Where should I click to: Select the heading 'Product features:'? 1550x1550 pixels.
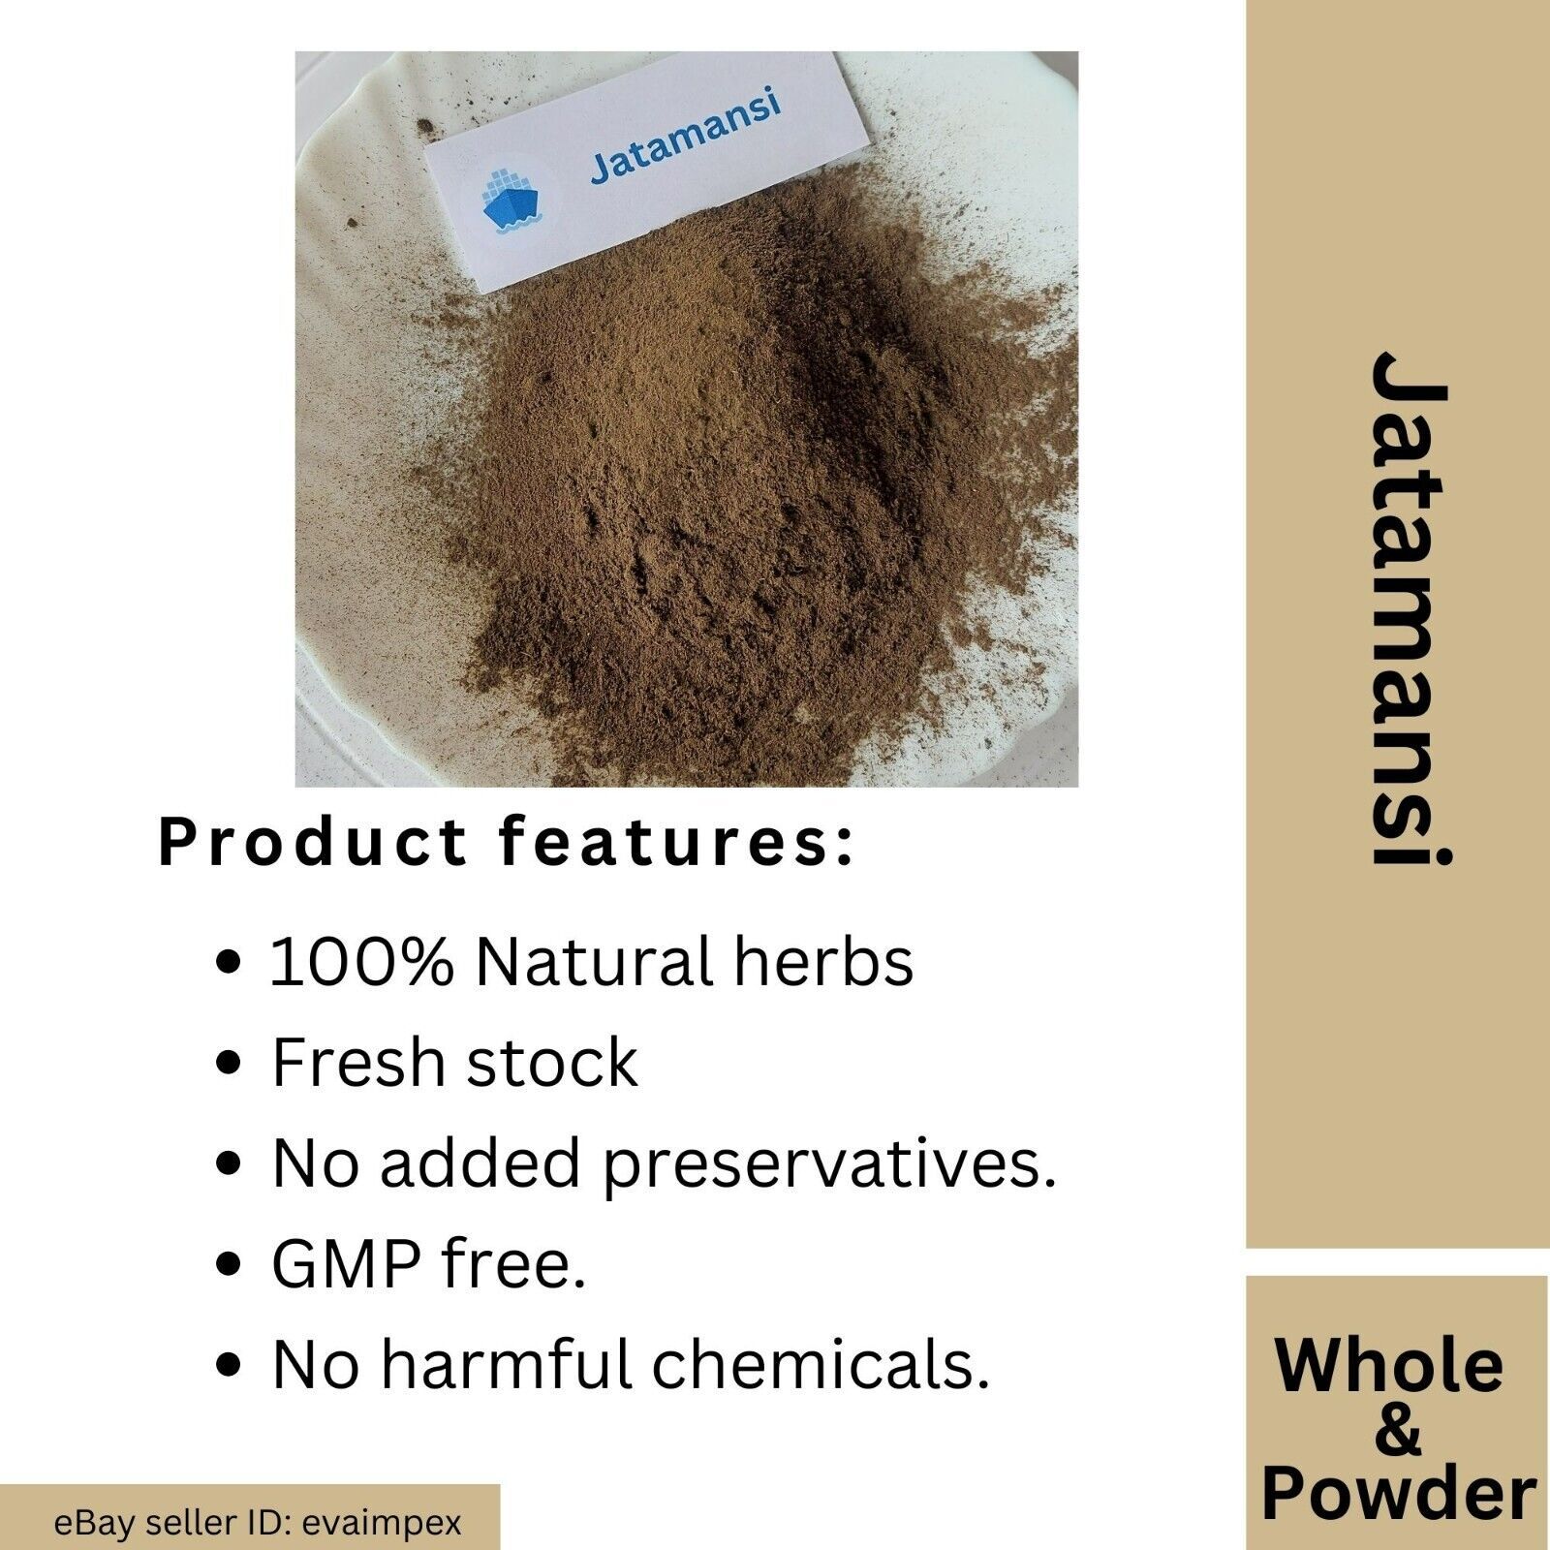(x=507, y=843)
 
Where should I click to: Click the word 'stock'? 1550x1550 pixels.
(x=552, y=1063)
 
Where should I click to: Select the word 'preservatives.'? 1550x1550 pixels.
(x=828, y=1165)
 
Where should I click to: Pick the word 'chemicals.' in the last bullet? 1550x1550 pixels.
(x=821, y=1363)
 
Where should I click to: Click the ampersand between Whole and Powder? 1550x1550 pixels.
(x=1396, y=1429)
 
